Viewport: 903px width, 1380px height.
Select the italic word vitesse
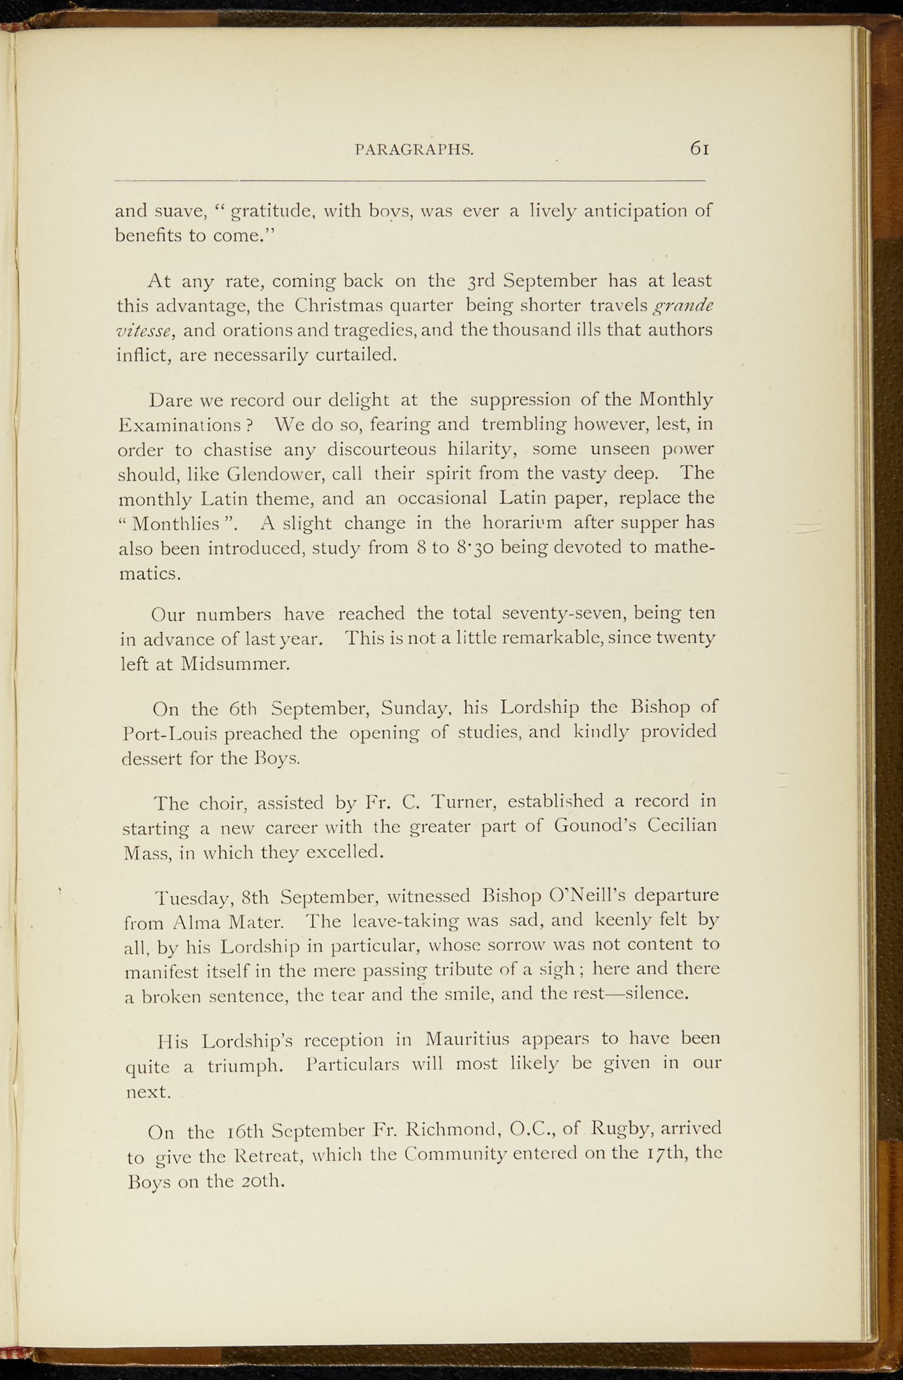tap(146, 330)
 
